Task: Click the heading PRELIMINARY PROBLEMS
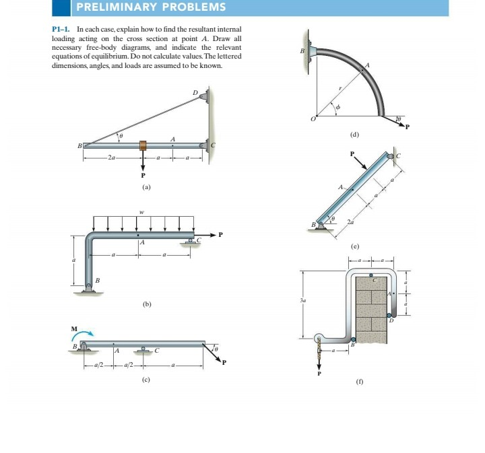pyautogui.click(x=151, y=8)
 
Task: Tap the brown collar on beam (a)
pyautogui.click(x=142, y=146)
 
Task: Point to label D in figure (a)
pyautogui.click(x=195, y=92)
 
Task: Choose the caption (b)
pyautogui.click(x=145, y=304)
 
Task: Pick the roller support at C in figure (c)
pyautogui.click(x=143, y=350)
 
